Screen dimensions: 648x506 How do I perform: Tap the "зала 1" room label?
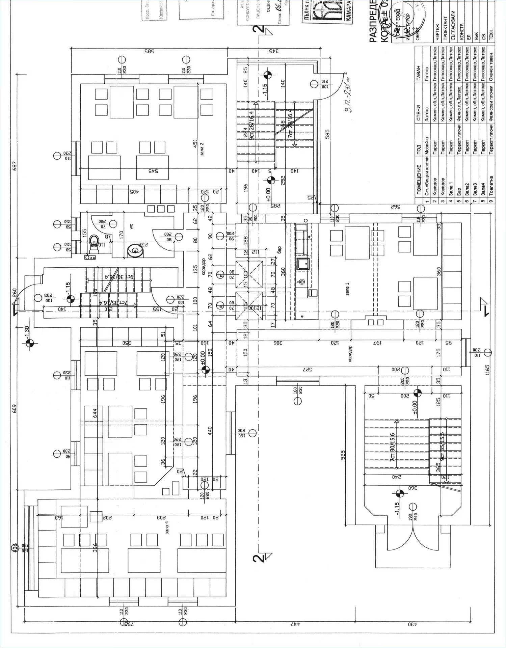(347, 290)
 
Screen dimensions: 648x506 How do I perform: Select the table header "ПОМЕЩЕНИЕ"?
(419, 179)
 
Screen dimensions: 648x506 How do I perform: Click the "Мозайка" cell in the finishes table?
(427, 145)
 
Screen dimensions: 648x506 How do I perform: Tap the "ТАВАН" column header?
(419, 73)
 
